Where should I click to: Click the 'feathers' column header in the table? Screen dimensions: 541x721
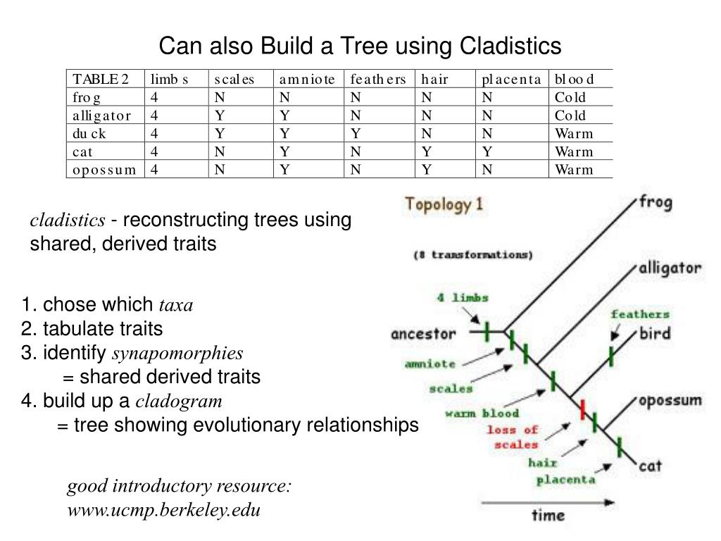tap(378, 79)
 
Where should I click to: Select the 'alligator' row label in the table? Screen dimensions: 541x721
tap(102, 116)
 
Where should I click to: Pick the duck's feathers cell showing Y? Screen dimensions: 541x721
tap(356, 134)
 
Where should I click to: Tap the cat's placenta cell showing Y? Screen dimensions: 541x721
tap(487, 151)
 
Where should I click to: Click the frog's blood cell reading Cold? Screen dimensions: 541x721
tap(570, 97)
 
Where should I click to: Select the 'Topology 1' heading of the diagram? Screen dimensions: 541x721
tap(444, 205)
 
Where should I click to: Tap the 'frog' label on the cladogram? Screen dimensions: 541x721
tap(655, 203)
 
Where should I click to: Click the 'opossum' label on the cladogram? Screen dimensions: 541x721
tap(670, 401)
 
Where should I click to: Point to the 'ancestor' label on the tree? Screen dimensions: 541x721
tap(423, 333)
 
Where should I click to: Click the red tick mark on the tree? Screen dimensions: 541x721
tap(583, 409)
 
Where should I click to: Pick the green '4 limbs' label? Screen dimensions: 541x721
tap(463, 297)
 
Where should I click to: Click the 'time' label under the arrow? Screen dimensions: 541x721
tap(548, 516)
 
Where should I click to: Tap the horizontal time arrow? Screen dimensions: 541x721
tap(548, 502)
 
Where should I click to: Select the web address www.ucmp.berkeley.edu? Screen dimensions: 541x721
tap(164, 510)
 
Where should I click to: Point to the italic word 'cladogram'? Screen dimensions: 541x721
tap(179, 402)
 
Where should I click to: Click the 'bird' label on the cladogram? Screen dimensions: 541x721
tap(655, 333)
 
